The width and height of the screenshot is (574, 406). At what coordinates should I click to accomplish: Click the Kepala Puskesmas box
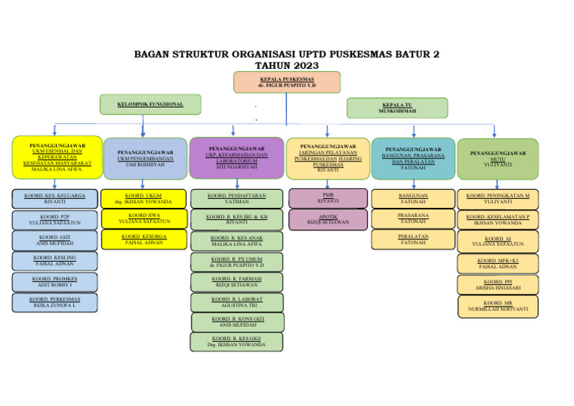pyautogui.click(x=286, y=81)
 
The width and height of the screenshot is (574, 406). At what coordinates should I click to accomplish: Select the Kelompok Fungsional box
pyautogui.click(x=150, y=104)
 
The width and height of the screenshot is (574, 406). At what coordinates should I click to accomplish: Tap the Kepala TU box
pyautogui.click(x=397, y=108)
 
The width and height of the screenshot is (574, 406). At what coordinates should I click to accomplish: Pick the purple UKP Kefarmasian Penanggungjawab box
pyautogui.click(x=236, y=158)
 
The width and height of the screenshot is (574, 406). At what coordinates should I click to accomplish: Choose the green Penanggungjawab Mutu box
pyautogui.click(x=497, y=159)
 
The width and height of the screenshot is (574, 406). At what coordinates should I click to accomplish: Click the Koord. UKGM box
pyautogui.click(x=143, y=199)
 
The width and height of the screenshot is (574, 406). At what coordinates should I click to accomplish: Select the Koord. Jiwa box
pyautogui.click(x=143, y=218)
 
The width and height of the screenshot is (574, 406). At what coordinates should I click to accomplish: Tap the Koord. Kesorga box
pyautogui.click(x=143, y=239)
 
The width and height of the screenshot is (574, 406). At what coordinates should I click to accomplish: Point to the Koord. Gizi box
pyautogui.click(x=54, y=240)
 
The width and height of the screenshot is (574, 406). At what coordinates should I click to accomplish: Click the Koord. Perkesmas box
pyautogui.click(x=54, y=302)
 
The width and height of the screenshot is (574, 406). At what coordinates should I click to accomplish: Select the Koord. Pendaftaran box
pyautogui.click(x=236, y=199)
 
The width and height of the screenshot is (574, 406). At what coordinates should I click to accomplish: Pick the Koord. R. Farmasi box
pyautogui.click(x=236, y=282)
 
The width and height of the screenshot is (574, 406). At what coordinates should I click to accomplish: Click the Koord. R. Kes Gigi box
pyautogui.click(x=236, y=342)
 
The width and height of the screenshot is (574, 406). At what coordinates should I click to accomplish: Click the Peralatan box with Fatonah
pyautogui.click(x=413, y=239)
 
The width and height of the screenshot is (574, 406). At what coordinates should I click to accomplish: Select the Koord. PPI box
pyautogui.click(x=497, y=284)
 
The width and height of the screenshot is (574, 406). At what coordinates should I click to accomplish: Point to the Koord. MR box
pyautogui.click(x=497, y=306)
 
